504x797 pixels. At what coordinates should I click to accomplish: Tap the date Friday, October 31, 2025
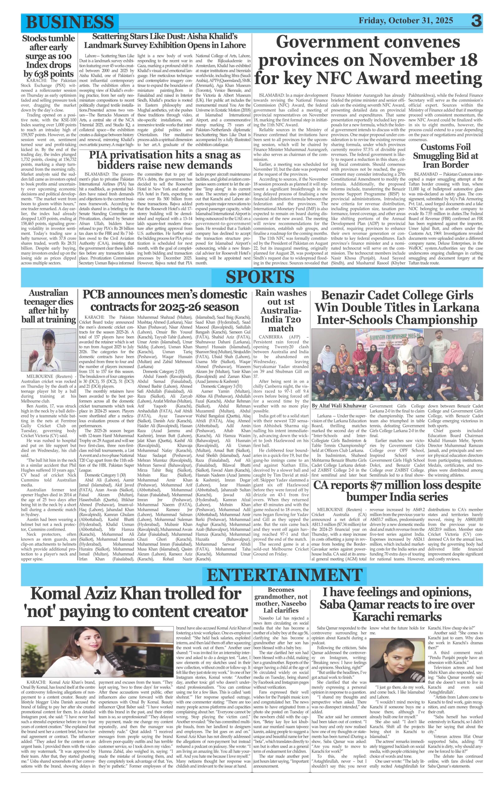(x=406, y=21)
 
